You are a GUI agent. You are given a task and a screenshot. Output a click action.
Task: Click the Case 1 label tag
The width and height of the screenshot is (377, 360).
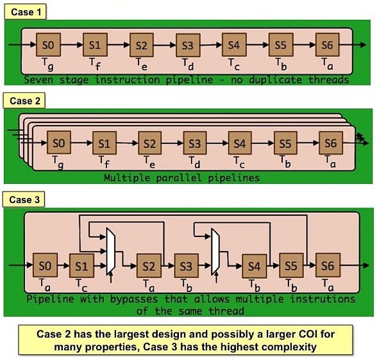tap(25, 12)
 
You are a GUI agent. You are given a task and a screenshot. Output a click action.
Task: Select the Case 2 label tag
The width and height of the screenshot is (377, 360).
tap(24, 101)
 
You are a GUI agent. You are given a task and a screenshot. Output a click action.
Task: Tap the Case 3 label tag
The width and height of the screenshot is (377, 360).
tap(24, 199)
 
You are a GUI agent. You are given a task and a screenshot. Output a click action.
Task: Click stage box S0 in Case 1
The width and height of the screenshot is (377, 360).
tap(48, 45)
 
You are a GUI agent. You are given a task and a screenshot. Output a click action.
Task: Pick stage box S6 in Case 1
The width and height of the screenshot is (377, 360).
tap(328, 45)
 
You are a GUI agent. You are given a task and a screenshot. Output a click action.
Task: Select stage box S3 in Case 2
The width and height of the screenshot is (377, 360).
tap(195, 143)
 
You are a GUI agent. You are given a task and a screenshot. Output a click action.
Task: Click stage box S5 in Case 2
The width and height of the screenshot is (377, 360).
tap(285, 143)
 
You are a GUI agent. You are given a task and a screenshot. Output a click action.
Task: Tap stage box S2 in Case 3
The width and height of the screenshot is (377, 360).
tap(149, 266)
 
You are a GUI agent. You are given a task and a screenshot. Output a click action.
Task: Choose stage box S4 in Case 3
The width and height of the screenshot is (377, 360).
tap(254, 266)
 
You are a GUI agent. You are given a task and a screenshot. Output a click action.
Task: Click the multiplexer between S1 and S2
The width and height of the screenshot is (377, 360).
tap(111, 252)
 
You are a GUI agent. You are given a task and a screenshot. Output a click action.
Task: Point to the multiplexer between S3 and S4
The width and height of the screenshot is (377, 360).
tap(215, 252)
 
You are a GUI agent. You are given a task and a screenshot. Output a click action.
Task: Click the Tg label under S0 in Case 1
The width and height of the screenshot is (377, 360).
tap(48, 64)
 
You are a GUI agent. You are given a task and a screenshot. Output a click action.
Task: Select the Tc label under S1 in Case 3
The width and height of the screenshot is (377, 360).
tap(81, 285)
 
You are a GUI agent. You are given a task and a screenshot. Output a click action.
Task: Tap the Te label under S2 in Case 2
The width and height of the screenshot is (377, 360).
tap(149, 162)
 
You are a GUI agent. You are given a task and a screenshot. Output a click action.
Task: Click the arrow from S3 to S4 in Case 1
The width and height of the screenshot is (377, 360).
tap(211, 45)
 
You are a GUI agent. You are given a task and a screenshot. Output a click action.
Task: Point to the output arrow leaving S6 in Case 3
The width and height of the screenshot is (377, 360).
tap(355, 265)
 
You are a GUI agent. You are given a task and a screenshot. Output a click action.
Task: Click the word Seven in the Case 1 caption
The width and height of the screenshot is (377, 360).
tap(38, 79)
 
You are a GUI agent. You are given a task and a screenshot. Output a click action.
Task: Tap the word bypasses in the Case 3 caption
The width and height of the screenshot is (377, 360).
tap(134, 299)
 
